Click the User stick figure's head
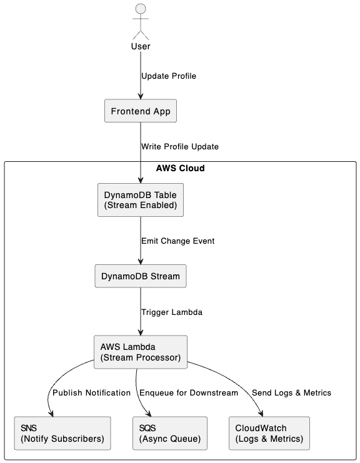coord(141,9)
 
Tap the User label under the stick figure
coord(141,46)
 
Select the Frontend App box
coord(141,111)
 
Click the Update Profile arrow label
coord(169,76)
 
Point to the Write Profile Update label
coord(180,146)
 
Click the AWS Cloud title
coord(180,168)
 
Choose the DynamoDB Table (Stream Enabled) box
coord(141,200)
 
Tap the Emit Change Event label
coord(177,241)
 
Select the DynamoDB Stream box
coord(141,276)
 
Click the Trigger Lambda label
coord(172,312)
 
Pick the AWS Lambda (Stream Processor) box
coord(141,352)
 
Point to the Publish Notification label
coord(91,393)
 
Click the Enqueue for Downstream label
coord(189,393)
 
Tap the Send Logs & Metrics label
coord(291,393)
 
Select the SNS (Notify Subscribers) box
coord(62,433)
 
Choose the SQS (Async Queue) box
coord(170,433)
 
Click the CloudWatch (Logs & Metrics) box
coord(269,433)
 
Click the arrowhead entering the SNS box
coord(51,414)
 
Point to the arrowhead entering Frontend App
coord(141,96)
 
